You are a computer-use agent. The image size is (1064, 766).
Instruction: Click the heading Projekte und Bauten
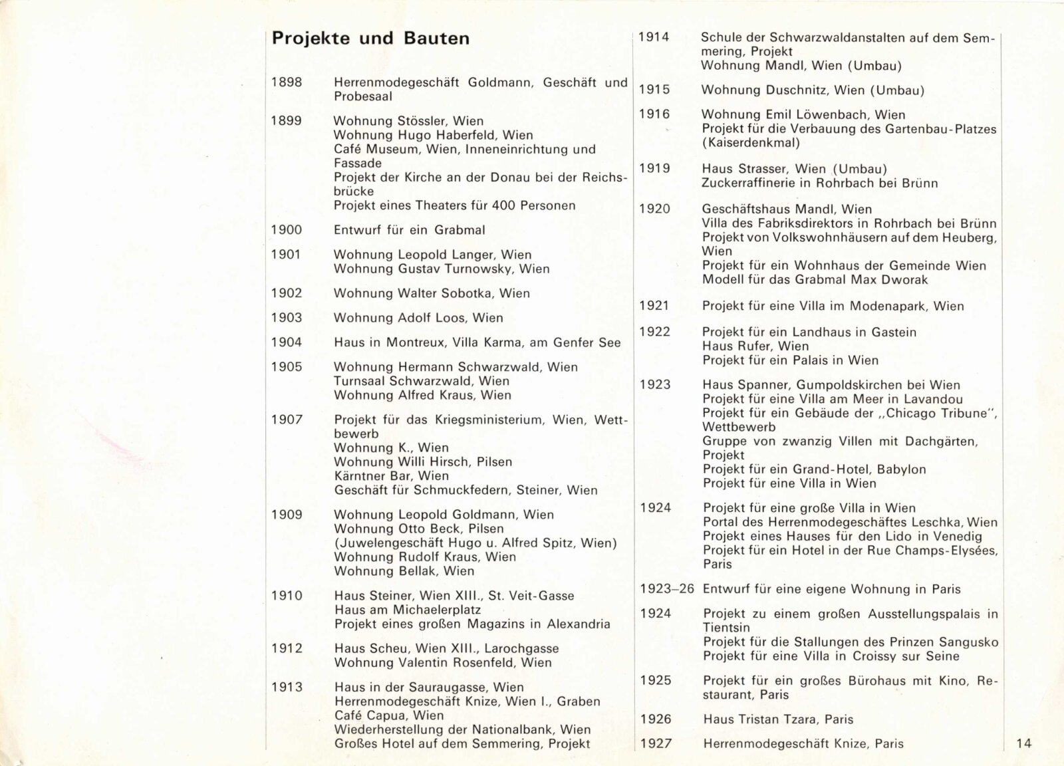(370, 39)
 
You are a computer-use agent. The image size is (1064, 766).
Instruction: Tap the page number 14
(1024, 743)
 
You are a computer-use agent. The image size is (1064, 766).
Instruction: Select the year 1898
(287, 82)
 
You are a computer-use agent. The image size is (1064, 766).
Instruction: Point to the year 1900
(287, 230)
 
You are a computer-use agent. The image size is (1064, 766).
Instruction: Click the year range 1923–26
(667, 589)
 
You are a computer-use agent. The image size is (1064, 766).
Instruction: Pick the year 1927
(656, 743)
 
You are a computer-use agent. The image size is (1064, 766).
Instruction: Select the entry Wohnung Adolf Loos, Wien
(418, 318)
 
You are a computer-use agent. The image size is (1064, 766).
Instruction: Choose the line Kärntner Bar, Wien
(391, 476)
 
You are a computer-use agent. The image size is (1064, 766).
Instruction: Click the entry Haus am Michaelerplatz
(408, 610)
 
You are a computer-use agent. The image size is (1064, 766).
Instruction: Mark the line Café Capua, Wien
(389, 715)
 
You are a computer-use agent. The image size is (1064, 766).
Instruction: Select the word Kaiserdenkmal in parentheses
(751, 142)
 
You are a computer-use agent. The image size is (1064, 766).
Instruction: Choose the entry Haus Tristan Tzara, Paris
(778, 719)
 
